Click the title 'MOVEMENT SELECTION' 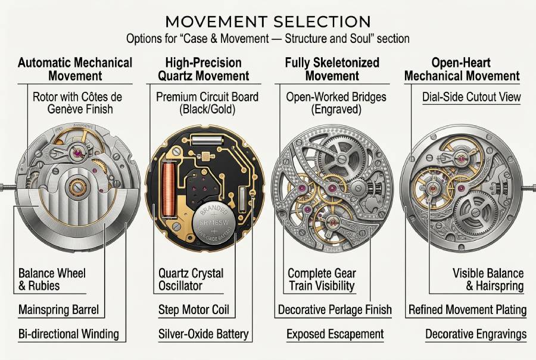268,21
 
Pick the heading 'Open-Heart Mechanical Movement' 462,69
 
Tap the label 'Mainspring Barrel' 58,310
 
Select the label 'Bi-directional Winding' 68,334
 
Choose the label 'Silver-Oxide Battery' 204,334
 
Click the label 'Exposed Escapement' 335,334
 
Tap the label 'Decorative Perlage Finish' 335,310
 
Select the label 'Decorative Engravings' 475,334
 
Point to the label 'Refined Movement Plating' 468,310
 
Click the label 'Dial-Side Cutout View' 471,97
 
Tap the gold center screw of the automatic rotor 76,187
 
